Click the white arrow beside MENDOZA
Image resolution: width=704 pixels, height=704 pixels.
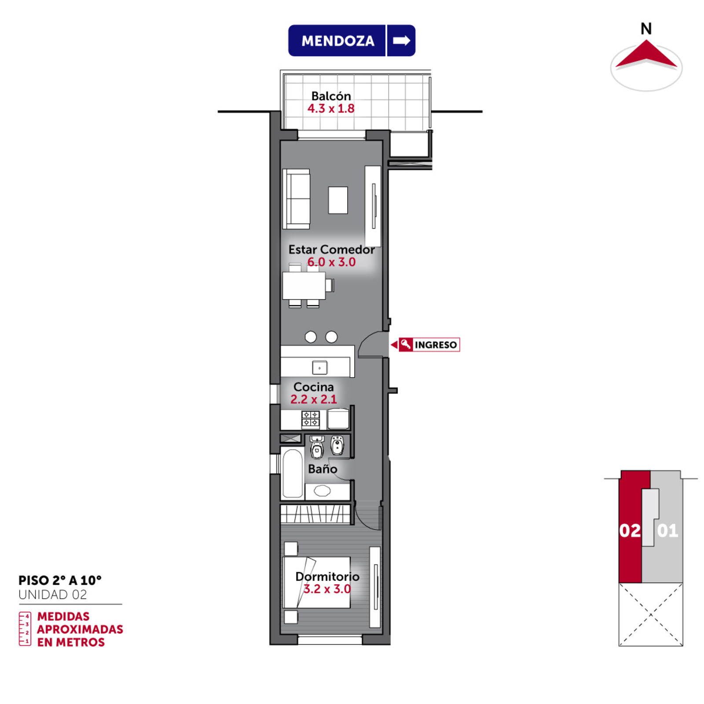(x=401, y=40)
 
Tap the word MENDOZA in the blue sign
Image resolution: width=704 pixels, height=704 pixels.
(x=338, y=41)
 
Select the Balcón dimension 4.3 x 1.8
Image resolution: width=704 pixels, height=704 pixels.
(x=331, y=108)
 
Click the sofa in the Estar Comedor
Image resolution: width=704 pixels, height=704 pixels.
(x=296, y=199)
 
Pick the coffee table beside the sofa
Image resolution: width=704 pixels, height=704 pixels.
(x=338, y=200)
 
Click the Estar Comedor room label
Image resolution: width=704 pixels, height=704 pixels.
(x=331, y=249)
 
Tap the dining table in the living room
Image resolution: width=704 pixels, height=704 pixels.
(x=304, y=286)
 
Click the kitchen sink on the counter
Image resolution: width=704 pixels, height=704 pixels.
(x=319, y=367)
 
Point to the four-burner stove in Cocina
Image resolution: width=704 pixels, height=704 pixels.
(x=311, y=419)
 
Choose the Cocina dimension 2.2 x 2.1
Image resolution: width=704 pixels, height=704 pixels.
(x=314, y=399)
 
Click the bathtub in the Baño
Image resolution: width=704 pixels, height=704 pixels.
(x=292, y=473)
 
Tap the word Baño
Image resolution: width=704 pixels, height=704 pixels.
(x=323, y=469)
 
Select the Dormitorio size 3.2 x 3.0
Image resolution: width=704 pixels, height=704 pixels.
(x=327, y=589)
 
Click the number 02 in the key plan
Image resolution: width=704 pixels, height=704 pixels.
(x=630, y=531)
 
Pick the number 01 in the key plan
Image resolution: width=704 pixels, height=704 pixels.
(x=667, y=531)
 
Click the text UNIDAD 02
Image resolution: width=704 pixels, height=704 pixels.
(x=53, y=594)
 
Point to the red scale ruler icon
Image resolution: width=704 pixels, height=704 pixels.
(x=25, y=629)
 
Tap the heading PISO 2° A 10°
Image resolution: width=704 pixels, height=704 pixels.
(x=60, y=580)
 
